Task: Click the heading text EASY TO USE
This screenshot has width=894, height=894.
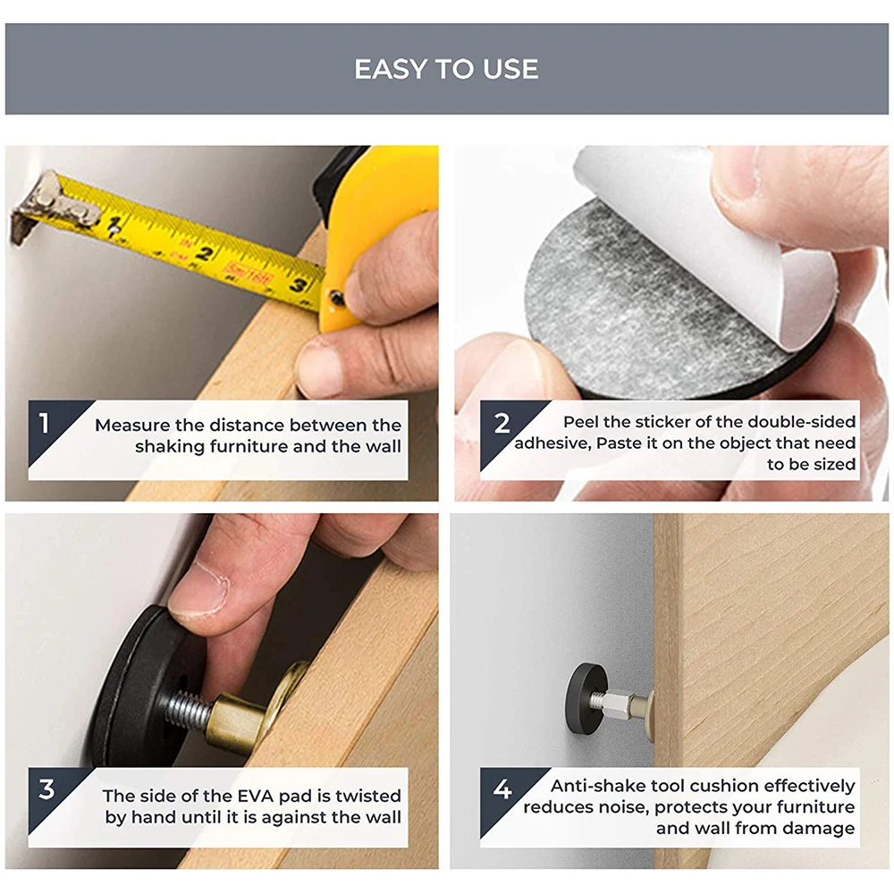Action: (446, 69)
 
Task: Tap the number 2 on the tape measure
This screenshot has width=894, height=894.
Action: (205, 253)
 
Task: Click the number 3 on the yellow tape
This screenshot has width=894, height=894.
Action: (297, 283)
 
